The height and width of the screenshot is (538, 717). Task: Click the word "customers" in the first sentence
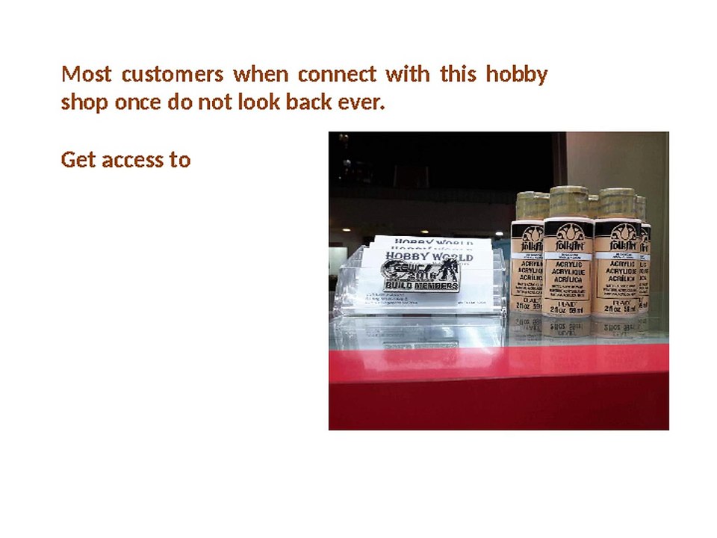(x=172, y=75)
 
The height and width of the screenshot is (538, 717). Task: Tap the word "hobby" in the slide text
(x=516, y=75)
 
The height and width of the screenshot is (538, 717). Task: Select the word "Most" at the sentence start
(x=86, y=75)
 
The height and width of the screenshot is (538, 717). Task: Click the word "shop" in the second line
(x=85, y=102)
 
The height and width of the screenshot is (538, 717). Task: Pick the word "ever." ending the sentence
(x=361, y=102)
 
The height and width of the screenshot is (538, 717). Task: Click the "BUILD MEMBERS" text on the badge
(x=421, y=285)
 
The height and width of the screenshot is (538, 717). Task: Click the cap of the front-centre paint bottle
(x=569, y=202)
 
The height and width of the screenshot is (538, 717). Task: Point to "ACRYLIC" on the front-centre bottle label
(x=568, y=264)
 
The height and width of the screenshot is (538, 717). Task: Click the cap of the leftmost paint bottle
(x=532, y=204)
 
